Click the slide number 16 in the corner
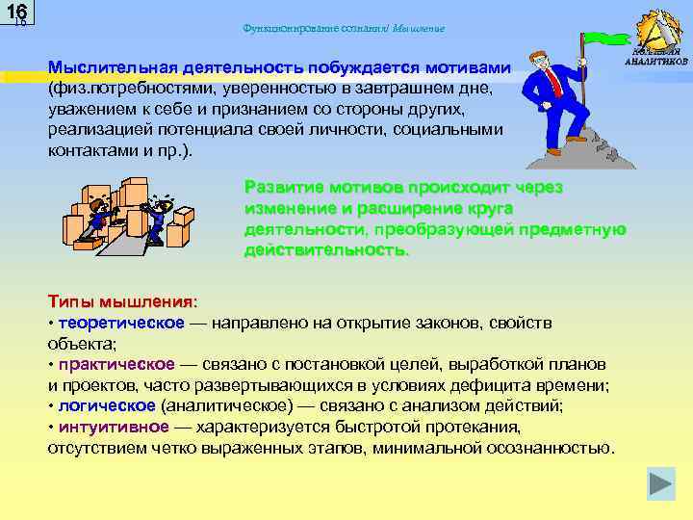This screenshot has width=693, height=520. pos(16,14)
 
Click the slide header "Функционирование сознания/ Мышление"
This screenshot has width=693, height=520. pos(346,28)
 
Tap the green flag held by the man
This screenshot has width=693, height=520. pos(604,39)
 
